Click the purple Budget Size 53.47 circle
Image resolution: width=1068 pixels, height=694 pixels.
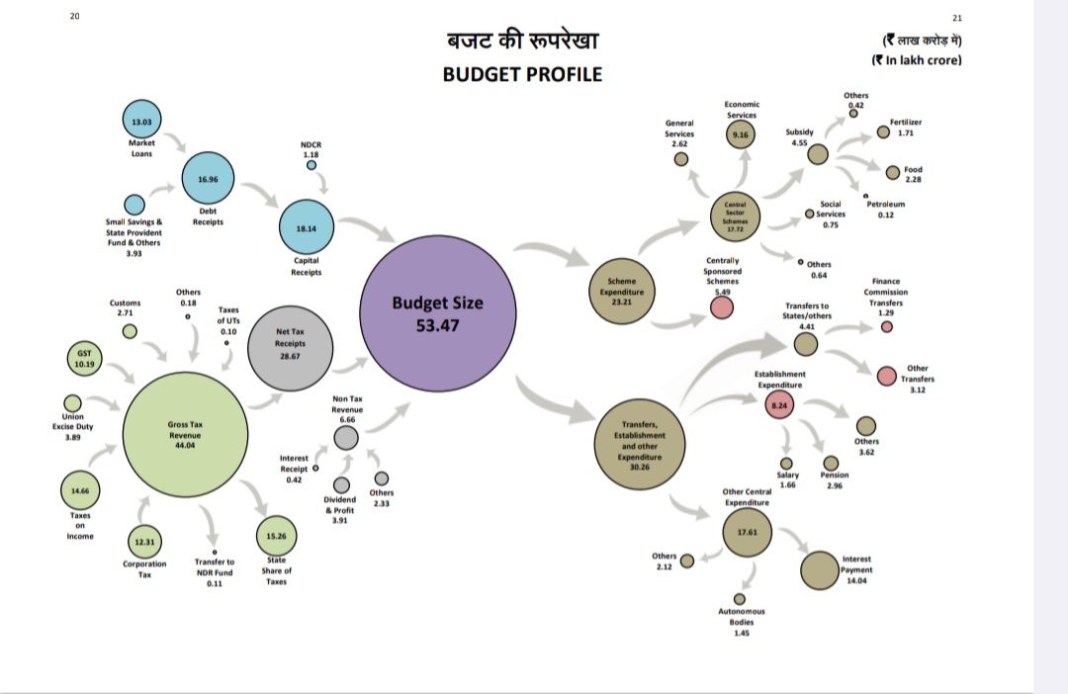click(x=438, y=313)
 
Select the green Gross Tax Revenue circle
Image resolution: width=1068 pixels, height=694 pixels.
click(x=184, y=435)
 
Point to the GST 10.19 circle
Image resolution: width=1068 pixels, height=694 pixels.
click(x=84, y=358)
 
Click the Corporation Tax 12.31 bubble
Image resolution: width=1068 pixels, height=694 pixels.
click(x=145, y=542)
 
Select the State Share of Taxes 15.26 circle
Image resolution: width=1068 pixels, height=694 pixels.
click(x=276, y=536)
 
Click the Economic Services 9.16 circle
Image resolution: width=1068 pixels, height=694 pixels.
click(x=741, y=134)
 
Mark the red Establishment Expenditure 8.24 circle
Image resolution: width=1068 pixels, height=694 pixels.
click(x=778, y=405)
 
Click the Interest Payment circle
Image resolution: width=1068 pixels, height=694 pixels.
click(x=820, y=570)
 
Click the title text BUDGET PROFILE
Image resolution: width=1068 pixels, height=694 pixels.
click(x=522, y=74)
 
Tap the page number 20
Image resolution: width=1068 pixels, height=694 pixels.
click(x=76, y=17)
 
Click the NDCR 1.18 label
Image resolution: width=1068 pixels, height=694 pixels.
click(x=311, y=149)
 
